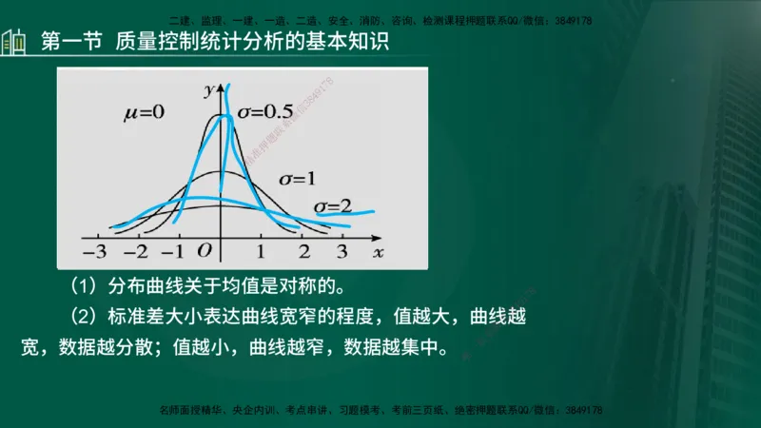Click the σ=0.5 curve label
pos(264,112)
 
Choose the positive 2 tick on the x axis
pos(303,252)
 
